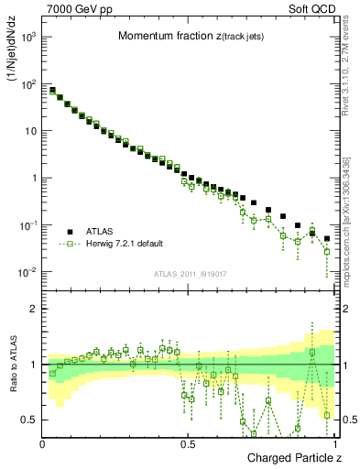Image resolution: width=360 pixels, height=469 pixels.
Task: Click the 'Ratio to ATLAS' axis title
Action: point(12,365)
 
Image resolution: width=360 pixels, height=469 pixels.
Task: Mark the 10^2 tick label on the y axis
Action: point(28,83)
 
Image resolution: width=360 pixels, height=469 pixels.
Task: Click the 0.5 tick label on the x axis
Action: point(188,444)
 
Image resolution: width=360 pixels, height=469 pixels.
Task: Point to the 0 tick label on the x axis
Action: point(43,444)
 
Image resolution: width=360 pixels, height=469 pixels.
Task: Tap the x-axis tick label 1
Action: point(332,444)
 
